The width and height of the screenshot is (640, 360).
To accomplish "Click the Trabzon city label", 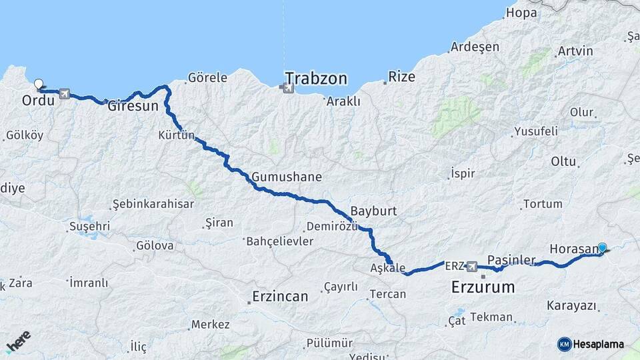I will [316, 79].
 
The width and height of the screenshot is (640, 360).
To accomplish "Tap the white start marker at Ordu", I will [39, 85].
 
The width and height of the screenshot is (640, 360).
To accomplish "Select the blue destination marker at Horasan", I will [603, 248].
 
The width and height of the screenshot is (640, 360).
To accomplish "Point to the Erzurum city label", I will [483, 288].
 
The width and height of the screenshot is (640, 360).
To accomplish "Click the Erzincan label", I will [280, 296].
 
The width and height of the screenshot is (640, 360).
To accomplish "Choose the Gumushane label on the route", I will [287, 177].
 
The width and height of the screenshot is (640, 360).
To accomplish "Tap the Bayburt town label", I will [373, 211].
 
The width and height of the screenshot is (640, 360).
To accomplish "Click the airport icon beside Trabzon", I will [287, 88].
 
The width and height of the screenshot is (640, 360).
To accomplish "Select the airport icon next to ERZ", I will [472, 266].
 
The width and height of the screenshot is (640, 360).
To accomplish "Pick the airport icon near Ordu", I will [64, 93].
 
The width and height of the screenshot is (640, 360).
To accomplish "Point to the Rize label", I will [402, 77].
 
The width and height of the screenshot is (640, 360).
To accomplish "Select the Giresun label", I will [133, 105].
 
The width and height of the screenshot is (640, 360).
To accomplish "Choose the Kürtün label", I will [176, 135].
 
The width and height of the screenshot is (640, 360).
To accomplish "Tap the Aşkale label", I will [387, 268].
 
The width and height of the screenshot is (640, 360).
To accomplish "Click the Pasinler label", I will [511, 259].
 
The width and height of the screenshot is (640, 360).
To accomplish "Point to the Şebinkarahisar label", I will [153, 203].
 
